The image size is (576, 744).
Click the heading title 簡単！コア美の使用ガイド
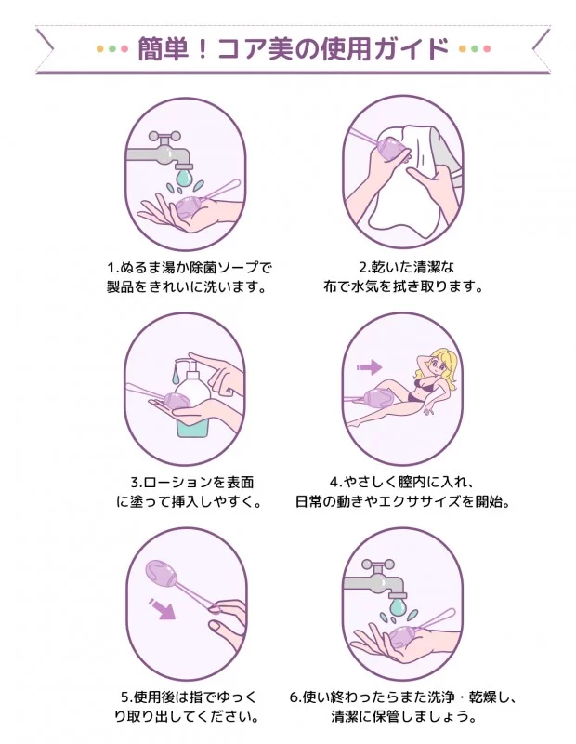coord(293,48)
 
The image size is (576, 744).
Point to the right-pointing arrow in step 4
coord(369,366)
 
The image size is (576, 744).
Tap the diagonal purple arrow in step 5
coord(163,609)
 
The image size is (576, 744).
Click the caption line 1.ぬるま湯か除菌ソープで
coord(190,267)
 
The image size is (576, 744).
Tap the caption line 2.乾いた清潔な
coord(406,267)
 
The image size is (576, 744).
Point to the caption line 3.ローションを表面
coord(192,482)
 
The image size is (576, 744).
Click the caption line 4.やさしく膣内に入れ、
coord(402,482)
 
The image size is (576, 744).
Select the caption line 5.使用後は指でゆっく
coord(189,697)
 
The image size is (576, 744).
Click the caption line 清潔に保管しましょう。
coord(404,716)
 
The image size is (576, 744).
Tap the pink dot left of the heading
coord(124,48)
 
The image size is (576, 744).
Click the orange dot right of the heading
coord(463,48)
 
